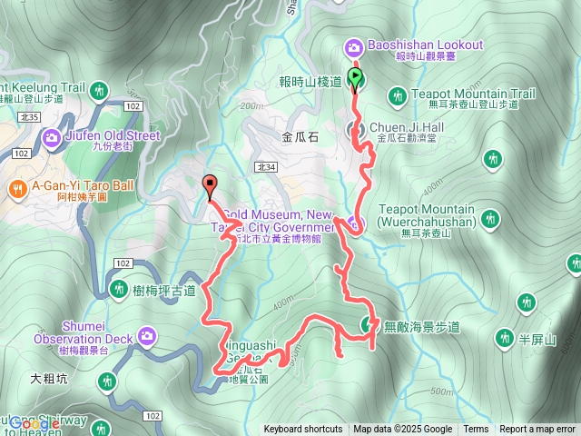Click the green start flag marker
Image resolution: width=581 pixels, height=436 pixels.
(356, 78)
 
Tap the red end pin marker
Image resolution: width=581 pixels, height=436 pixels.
(210, 184)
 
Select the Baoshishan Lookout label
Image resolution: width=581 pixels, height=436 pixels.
(426, 45)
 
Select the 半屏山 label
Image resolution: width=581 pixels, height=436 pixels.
(536, 339)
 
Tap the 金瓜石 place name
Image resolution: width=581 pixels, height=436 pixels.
(301, 138)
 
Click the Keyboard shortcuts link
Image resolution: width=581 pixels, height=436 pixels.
(303, 430)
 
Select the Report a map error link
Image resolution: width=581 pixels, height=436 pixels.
(537, 430)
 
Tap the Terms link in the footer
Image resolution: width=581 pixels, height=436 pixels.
(476, 430)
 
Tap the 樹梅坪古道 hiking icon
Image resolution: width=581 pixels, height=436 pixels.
(119, 289)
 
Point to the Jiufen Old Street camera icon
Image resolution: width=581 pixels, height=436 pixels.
(52, 137)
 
